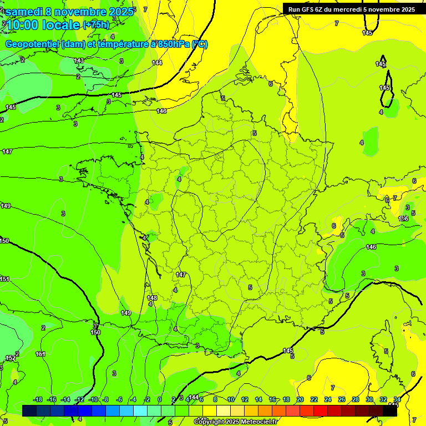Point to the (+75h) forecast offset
tap(96, 25)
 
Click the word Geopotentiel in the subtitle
tap(32, 44)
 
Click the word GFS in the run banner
tap(309, 9)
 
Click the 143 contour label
tap(79, 60)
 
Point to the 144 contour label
tap(157, 63)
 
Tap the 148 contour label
tap(152, 298)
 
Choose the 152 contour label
tap(11, 358)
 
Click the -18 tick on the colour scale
tap(38, 400)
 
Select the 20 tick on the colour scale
tap(300, 400)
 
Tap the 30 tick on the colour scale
tap(369, 400)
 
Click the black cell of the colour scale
tap(390, 410)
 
